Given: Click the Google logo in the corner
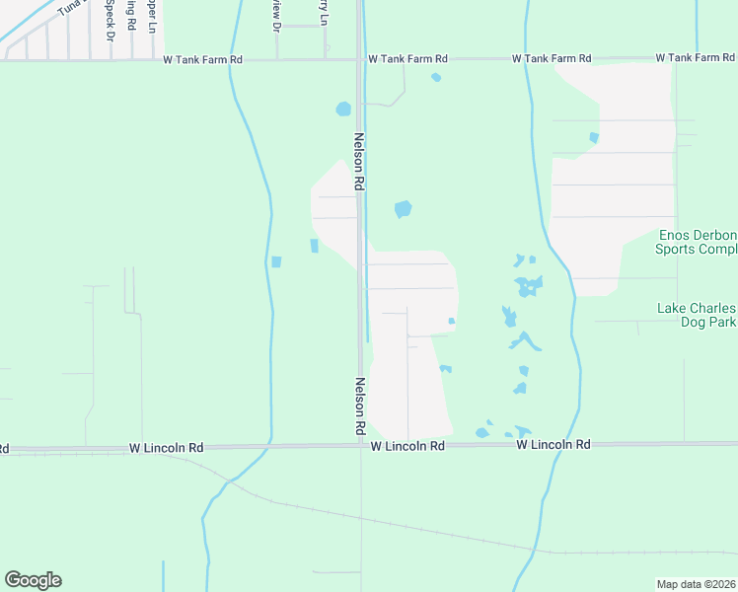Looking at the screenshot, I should pos(33,580).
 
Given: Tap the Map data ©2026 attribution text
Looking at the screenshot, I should pos(697,584).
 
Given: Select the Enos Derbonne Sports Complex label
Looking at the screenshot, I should pos(697,242).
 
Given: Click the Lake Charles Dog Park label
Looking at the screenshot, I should pos(697,315).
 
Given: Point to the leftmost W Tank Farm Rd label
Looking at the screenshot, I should pos(203,60).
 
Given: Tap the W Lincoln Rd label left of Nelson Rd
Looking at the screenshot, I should pos(166,447).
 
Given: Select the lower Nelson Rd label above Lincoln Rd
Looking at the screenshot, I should pos(360,407).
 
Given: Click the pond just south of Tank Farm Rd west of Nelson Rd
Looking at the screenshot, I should pos(343,109).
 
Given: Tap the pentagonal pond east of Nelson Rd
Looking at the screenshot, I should pos(403,209).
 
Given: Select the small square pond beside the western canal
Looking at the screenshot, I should pos(276,262).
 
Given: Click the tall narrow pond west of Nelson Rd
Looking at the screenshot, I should pos(314,246).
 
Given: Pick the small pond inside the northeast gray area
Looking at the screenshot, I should pos(593,137).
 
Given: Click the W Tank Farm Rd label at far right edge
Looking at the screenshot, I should pos(695,58).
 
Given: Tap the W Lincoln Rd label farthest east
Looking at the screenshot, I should pos(553,445).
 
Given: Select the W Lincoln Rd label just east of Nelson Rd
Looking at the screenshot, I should pos(407,446).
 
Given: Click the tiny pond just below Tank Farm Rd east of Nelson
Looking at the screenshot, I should pos(436,77).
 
